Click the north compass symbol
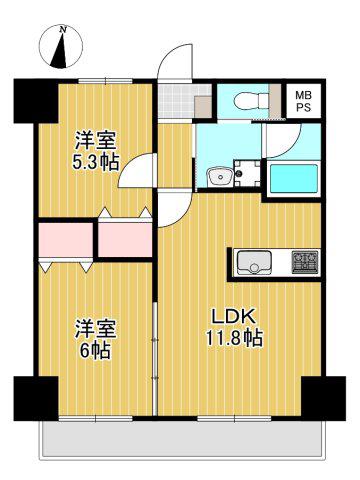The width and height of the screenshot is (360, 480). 61,46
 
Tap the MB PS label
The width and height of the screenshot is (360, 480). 303,101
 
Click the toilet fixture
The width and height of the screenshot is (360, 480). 251,100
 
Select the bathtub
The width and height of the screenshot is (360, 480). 293,178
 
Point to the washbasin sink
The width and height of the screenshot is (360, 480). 220,176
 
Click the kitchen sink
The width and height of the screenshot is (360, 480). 253,262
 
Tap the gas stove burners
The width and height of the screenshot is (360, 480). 305,262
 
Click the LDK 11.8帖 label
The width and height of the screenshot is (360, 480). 234,327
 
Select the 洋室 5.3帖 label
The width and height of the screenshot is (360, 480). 96,151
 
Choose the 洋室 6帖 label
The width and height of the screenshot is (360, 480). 95,339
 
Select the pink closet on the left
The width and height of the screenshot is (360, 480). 65,239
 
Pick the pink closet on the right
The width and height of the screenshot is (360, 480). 125,239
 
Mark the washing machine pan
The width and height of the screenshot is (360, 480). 247,173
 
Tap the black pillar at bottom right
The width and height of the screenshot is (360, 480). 324,398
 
